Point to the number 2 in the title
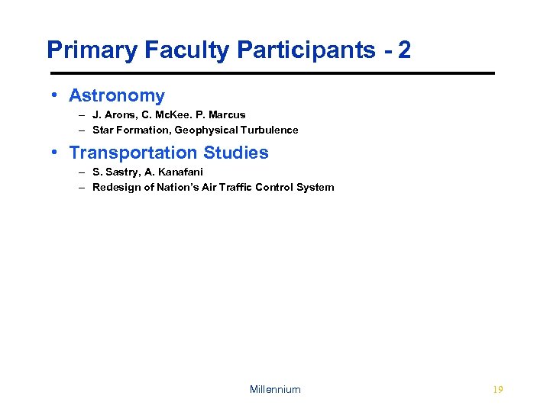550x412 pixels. click(404, 50)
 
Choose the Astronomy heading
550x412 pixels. click(117, 95)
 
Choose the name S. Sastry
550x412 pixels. click(115, 172)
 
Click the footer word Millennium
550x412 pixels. click(275, 389)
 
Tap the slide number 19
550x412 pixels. click(498, 389)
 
